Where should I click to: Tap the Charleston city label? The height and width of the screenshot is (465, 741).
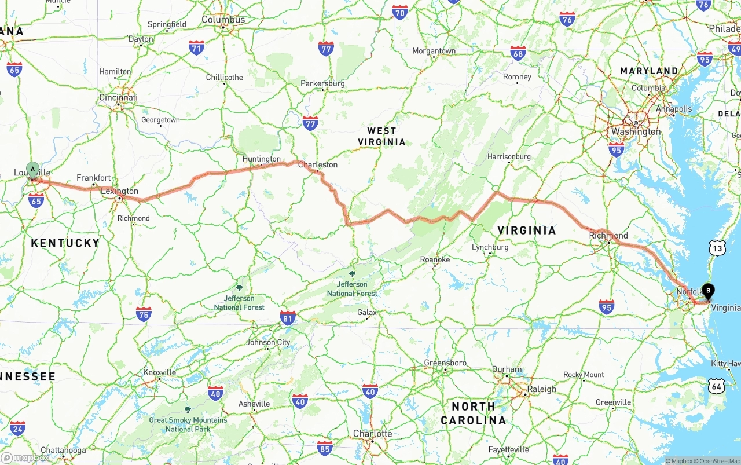click(x=317, y=165)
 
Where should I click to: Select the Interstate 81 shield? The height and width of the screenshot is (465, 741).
click(x=288, y=317)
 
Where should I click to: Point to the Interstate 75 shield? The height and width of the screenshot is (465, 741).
click(x=144, y=314)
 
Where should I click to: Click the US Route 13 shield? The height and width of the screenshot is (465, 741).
click(x=718, y=248)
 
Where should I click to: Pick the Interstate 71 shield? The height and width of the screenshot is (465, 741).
click(x=196, y=47)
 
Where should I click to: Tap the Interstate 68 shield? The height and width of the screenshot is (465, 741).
click(x=518, y=54)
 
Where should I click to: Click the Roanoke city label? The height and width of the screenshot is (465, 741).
click(x=435, y=259)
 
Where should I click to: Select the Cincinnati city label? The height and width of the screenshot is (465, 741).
click(x=118, y=97)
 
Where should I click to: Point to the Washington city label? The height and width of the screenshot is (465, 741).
click(x=636, y=132)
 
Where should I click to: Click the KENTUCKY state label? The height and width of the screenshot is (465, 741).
click(x=65, y=243)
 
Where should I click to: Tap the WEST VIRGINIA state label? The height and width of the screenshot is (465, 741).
click(x=381, y=136)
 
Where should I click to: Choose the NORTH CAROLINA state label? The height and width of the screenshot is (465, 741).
click(x=474, y=413)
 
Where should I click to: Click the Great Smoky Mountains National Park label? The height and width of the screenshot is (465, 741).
click(x=188, y=424)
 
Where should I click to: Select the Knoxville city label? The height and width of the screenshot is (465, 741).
click(x=159, y=372)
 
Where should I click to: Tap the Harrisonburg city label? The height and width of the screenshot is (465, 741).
click(x=509, y=157)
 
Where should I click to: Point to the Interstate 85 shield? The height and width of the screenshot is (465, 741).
click(x=325, y=448)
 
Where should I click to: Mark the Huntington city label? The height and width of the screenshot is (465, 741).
click(x=262, y=159)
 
